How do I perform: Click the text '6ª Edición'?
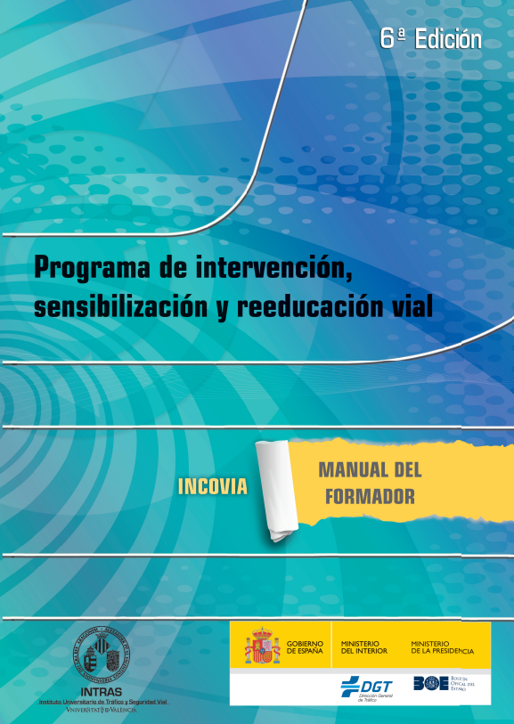(x=430, y=39)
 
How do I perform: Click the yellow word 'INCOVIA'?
(x=212, y=487)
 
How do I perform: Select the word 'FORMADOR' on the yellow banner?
(x=370, y=497)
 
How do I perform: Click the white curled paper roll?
(x=273, y=490)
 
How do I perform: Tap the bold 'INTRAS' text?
(x=102, y=690)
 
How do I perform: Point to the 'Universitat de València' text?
(x=102, y=710)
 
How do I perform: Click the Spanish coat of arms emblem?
(x=263, y=647)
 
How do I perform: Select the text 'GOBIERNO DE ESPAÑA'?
(x=305, y=647)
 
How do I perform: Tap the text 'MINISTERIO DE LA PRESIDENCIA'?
(x=442, y=647)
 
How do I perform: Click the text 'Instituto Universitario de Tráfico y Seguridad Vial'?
(x=102, y=701)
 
